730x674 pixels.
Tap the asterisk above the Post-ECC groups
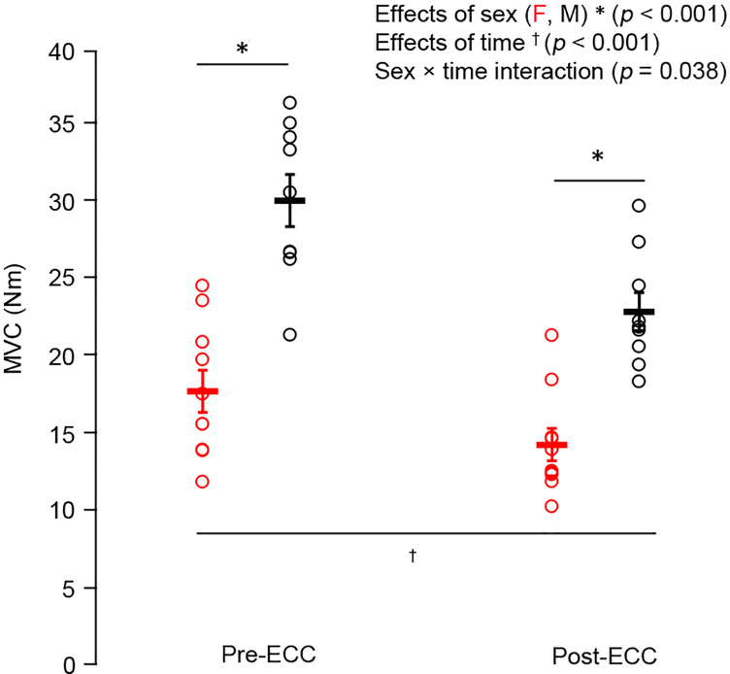pyautogui.click(x=599, y=157)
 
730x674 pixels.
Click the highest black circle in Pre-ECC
pyautogui.click(x=289, y=103)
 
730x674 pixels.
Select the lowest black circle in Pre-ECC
pyautogui.click(x=289, y=335)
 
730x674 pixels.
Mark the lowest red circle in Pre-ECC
pyautogui.click(x=202, y=482)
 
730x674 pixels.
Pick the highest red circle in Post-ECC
pyautogui.click(x=551, y=335)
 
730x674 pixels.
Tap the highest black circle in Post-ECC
pyautogui.click(x=639, y=205)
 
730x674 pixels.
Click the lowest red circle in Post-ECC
pyautogui.click(x=551, y=506)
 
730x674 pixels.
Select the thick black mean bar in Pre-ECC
pyautogui.click(x=289, y=200)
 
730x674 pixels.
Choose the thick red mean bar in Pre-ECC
pyautogui.click(x=202, y=391)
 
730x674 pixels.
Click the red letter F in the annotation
pyautogui.click(x=507, y=16)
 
